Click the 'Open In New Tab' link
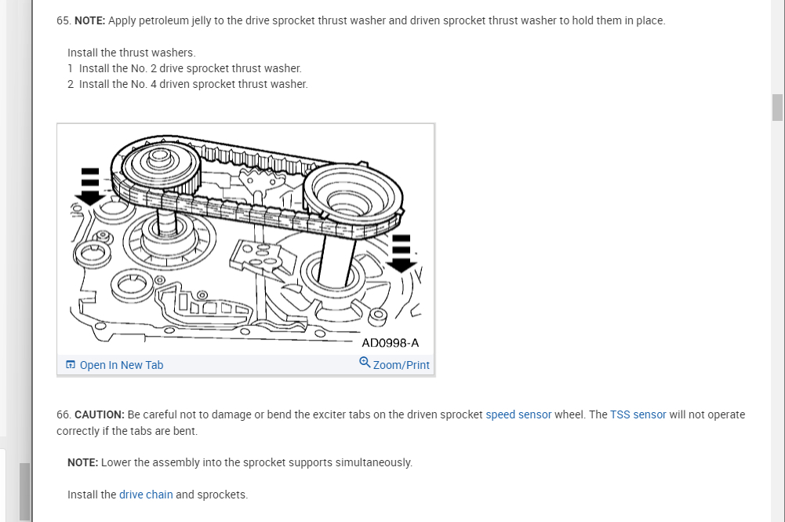tap(121, 365)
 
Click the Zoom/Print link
tap(401, 365)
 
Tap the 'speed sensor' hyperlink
tap(518, 414)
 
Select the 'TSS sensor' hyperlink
tap(638, 414)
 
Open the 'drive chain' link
tap(146, 495)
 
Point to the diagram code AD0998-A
tap(390, 343)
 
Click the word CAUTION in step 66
tap(100, 414)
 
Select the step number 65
tap(63, 20)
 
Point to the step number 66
tap(63, 414)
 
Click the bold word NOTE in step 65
tap(89, 20)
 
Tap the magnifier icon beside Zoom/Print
tap(365, 363)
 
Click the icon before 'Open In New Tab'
tap(71, 365)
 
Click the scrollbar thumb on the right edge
tap(777, 108)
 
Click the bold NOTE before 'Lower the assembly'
tap(82, 462)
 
